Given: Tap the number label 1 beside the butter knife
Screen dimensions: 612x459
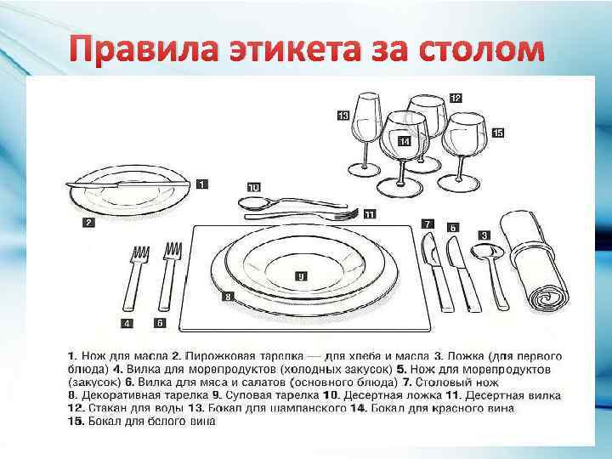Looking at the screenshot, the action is click(x=201, y=183).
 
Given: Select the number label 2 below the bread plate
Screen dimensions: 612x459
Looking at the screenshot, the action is click(x=88, y=223).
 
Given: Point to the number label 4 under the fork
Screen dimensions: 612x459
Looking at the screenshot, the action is click(x=127, y=323).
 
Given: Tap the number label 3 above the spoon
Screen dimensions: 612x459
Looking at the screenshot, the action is click(x=484, y=235).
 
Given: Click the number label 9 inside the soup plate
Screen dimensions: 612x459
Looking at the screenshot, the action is click(x=302, y=275).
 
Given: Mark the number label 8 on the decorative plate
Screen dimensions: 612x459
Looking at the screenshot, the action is click(x=228, y=297).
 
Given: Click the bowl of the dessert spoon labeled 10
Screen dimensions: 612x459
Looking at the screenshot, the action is click(x=253, y=203).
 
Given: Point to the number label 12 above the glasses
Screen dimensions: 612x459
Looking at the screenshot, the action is click(x=456, y=99).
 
